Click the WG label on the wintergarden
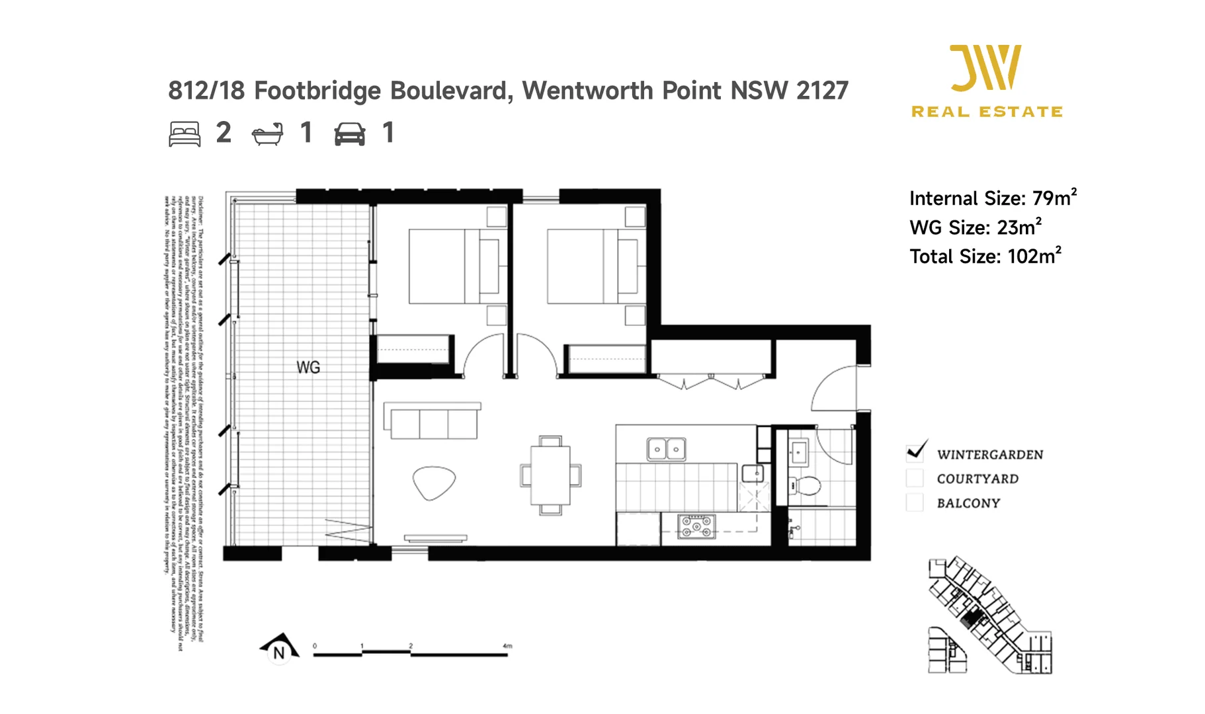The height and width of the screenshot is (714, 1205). click(x=308, y=367)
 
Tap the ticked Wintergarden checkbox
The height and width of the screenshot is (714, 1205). click(x=915, y=453)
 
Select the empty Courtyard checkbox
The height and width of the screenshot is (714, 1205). click(x=915, y=478)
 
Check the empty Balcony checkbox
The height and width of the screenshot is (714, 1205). click(x=915, y=502)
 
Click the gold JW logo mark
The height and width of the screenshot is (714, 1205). click(x=985, y=67)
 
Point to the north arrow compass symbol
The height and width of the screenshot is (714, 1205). click(x=279, y=649)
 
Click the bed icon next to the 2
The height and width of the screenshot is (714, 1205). click(x=185, y=134)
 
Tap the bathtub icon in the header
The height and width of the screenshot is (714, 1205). click(x=267, y=134)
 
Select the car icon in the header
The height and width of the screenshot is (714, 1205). click(x=349, y=134)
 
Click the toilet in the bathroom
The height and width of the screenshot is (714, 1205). click(x=805, y=485)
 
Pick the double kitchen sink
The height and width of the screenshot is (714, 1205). click(x=666, y=449)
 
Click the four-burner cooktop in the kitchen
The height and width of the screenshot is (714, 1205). click(x=696, y=526)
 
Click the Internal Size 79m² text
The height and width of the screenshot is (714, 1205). click(x=993, y=198)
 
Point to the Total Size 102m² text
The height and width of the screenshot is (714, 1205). click(x=985, y=256)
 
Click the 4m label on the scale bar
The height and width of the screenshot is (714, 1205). click(x=507, y=646)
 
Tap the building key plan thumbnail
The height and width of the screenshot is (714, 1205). click(x=989, y=615)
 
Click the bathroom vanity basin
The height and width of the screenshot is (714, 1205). click(x=798, y=453)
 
